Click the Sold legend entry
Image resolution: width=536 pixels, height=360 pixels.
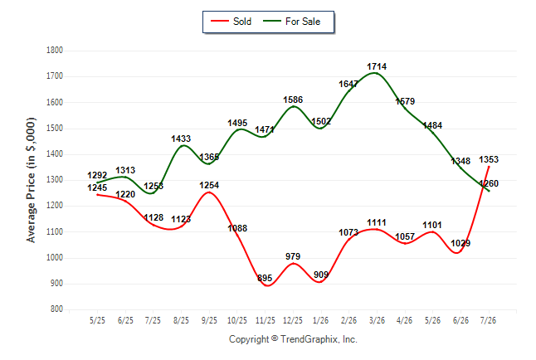(231, 22)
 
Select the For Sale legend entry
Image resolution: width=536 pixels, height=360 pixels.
(291, 22)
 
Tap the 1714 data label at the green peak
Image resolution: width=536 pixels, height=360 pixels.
(377, 66)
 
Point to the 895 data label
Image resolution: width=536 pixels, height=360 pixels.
(265, 278)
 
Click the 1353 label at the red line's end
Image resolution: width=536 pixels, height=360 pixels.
(489, 159)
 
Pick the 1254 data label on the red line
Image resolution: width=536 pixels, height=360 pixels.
(209, 185)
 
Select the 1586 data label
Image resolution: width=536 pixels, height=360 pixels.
(293, 100)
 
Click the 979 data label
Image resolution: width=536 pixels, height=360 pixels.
(293, 256)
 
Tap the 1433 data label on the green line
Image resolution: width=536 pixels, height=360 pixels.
(181, 139)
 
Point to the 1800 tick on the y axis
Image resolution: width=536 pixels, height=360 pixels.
(55, 51)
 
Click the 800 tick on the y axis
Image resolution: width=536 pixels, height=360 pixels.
(56, 309)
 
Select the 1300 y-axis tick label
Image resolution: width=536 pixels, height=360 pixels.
(55, 180)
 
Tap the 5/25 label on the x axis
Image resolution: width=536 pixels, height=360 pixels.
(97, 320)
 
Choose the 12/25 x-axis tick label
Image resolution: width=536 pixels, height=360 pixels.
(293, 320)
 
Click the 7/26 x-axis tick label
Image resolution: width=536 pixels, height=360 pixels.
(488, 320)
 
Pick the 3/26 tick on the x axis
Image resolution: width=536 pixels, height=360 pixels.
(377, 320)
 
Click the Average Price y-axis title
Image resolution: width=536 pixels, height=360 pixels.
(31, 180)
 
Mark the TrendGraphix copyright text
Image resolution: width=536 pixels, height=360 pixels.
(293, 339)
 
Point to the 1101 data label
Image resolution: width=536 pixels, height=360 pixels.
(432, 225)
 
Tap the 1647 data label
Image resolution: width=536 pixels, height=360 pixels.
(348, 84)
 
